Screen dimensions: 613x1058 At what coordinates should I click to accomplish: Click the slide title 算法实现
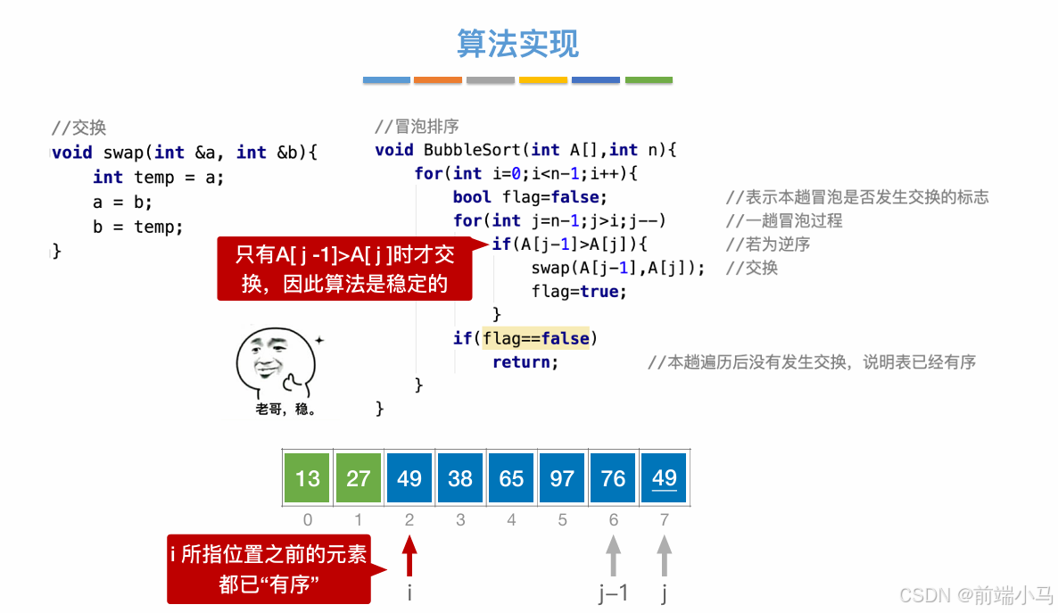point(517,44)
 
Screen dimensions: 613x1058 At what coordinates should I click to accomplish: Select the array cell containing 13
point(308,478)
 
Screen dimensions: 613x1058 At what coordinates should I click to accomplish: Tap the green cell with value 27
point(359,478)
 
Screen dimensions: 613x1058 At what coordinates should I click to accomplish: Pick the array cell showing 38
point(460,478)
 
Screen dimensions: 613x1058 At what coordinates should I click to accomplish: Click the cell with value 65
point(511,478)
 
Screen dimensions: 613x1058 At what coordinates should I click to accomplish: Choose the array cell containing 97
point(562,478)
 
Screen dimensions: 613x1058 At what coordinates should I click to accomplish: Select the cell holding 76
point(613,478)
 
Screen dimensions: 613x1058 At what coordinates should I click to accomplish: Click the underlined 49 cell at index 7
point(664,478)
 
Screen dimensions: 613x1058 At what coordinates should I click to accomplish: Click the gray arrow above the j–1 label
point(613,556)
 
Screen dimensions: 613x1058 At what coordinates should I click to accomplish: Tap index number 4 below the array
point(511,519)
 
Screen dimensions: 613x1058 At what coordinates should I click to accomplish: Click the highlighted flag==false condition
point(536,338)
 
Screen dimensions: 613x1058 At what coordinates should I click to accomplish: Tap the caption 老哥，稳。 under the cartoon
point(285,410)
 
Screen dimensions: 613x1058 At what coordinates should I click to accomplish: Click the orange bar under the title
point(438,80)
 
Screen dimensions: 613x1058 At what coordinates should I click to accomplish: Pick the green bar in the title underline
point(649,80)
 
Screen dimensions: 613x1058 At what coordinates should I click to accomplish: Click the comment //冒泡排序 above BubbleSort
point(417,127)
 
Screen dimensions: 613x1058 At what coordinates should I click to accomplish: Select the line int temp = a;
point(158,177)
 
